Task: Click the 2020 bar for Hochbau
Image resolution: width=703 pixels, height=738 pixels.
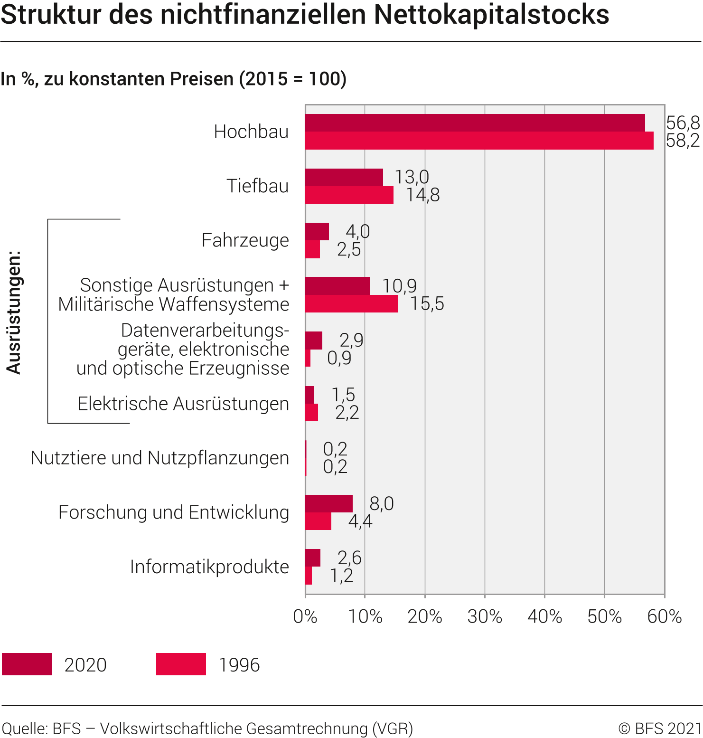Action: pyautogui.click(x=475, y=123)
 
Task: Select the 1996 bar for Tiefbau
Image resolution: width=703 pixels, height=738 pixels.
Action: pyautogui.click(x=349, y=195)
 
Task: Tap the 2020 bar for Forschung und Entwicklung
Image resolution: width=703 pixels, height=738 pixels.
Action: pyautogui.click(x=329, y=503)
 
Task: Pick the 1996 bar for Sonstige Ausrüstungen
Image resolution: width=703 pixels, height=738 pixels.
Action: pyautogui.click(x=351, y=304)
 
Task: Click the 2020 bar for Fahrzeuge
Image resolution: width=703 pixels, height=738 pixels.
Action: pyautogui.click(x=317, y=231)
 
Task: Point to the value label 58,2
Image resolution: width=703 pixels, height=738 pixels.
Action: pyautogui.click(x=683, y=141)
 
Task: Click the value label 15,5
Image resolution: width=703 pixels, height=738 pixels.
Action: pyautogui.click(x=427, y=304)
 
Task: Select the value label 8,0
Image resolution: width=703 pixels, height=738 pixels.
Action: pyautogui.click(x=382, y=503)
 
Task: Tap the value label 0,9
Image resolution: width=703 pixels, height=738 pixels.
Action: pyautogui.click(x=339, y=358)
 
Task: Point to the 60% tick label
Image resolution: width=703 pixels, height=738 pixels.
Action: pyautogui.click(x=664, y=616)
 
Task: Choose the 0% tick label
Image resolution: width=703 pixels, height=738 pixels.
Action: pyautogui.click(x=305, y=616)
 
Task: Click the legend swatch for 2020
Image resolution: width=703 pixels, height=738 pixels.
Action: pyautogui.click(x=27, y=664)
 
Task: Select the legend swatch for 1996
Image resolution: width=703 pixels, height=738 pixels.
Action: pyautogui.click(x=181, y=664)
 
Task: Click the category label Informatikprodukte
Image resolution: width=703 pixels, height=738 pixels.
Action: pyautogui.click(x=209, y=567)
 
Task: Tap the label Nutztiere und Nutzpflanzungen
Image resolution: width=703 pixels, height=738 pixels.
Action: pyautogui.click(x=160, y=458)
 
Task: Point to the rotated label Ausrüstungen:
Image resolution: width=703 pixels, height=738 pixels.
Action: pyautogui.click(x=14, y=312)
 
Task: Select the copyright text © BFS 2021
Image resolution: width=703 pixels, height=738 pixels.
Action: pyautogui.click(x=660, y=728)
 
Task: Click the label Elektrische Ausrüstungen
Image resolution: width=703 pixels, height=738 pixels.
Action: pyautogui.click(x=183, y=404)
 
